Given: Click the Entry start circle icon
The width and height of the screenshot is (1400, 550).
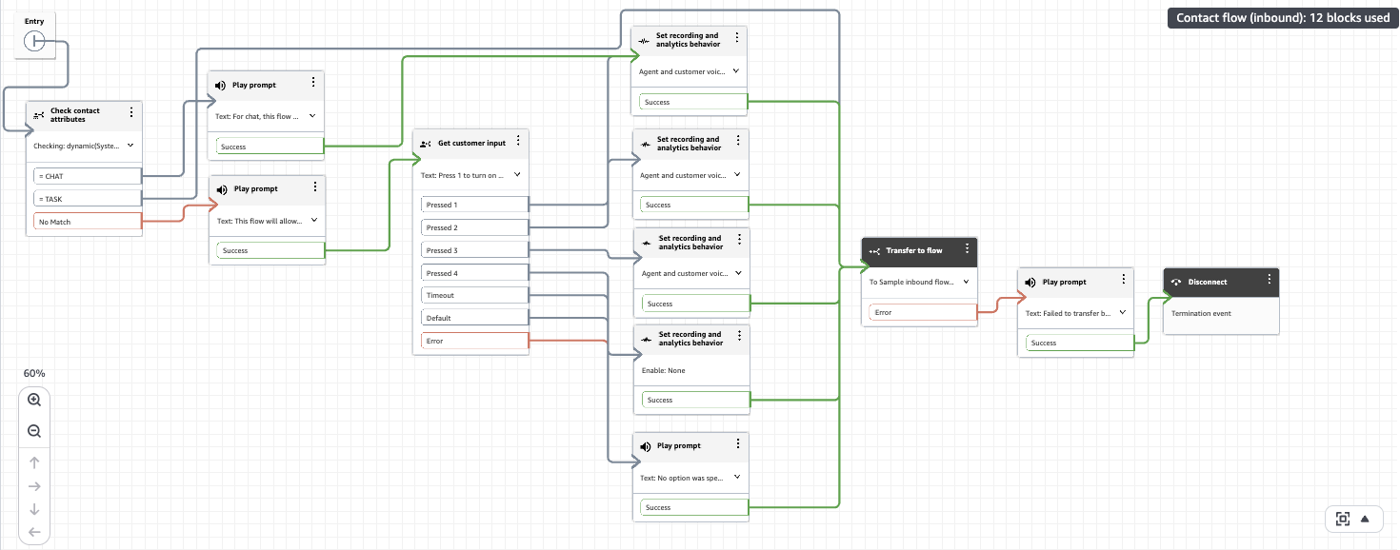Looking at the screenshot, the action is pyautogui.click(x=33, y=41).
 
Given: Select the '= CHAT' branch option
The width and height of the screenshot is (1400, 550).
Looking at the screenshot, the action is pyautogui.click(x=88, y=176).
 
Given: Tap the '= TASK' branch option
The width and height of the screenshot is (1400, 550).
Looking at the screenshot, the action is pyautogui.click(x=88, y=199).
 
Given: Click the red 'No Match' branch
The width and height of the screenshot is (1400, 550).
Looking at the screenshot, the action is pyautogui.click(x=88, y=222).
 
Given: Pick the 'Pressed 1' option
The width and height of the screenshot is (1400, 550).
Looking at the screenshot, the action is pyautogui.click(x=474, y=205).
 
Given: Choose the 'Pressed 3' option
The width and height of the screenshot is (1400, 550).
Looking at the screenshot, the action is pyautogui.click(x=474, y=250).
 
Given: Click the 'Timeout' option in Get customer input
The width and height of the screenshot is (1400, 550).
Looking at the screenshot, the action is pyautogui.click(x=474, y=295).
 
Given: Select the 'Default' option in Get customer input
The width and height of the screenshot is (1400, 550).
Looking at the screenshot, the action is pyautogui.click(x=474, y=318).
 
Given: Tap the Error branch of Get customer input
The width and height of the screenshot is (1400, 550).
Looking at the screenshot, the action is pyautogui.click(x=474, y=341).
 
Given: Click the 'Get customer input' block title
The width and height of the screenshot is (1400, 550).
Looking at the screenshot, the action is pyautogui.click(x=471, y=143).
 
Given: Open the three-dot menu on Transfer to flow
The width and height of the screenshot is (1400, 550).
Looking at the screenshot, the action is pyautogui.click(x=967, y=248).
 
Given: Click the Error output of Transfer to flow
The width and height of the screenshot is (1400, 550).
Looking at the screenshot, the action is pyautogui.click(x=923, y=312).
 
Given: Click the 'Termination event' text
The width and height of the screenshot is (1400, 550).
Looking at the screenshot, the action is pyautogui.click(x=1201, y=313).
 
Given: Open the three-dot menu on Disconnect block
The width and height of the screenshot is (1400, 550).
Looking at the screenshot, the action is pyautogui.click(x=1269, y=280).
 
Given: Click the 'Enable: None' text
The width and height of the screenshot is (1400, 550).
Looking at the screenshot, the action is pyautogui.click(x=663, y=370).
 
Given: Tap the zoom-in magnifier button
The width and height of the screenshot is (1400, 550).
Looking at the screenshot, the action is pyautogui.click(x=34, y=401).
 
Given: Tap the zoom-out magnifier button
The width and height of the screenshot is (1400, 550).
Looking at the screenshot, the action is pyautogui.click(x=34, y=431).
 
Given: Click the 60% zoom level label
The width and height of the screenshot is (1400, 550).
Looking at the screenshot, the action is pyautogui.click(x=34, y=373).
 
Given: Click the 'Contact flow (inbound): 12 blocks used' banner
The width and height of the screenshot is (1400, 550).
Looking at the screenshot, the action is pyautogui.click(x=1283, y=17).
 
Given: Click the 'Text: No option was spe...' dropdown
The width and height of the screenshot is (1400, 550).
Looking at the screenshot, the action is pyautogui.click(x=690, y=478).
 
